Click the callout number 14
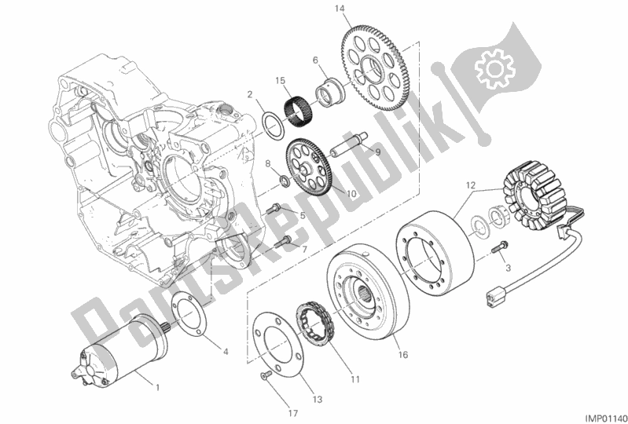(x=340, y=9)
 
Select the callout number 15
(x=280, y=81)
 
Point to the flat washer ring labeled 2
(x=274, y=126)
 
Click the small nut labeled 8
(x=284, y=181)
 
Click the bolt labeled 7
(x=283, y=240)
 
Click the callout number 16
(x=403, y=355)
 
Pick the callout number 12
(x=471, y=185)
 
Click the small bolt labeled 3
(x=500, y=246)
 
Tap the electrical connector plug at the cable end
(x=494, y=298)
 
